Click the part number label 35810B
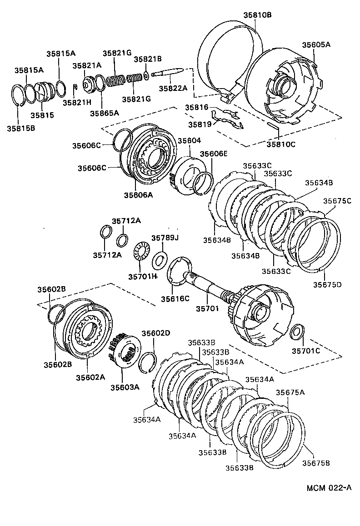click(x=257, y=15)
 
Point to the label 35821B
click(x=148, y=59)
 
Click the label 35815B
click(x=21, y=129)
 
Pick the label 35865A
click(x=104, y=113)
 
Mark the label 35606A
click(x=138, y=195)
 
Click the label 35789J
click(x=165, y=238)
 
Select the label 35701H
click(x=142, y=276)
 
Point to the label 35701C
click(x=306, y=351)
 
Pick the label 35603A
click(x=125, y=387)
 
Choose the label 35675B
click(x=316, y=463)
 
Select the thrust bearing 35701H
click(x=141, y=251)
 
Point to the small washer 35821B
click(x=145, y=74)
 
